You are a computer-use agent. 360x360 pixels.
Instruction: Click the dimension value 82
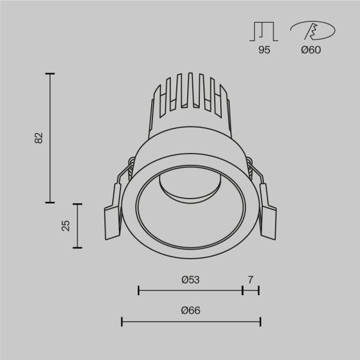(39, 137)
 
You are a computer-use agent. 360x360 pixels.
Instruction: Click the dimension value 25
(66, 225)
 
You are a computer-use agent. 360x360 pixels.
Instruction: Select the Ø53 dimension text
(190, 280)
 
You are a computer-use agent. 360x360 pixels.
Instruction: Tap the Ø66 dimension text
(190, 311)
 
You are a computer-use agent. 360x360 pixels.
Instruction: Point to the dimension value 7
(250, 280)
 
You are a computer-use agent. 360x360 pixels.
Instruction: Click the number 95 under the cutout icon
(264, 50)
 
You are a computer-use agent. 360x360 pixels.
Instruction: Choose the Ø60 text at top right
(311, 50)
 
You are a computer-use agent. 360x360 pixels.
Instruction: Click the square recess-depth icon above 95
(264, 31)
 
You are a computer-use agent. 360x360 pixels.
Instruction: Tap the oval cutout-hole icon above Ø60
(312, 31)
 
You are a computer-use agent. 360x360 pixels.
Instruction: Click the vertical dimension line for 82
(50, 138)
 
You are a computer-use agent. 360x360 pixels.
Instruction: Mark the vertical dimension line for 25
(77, 226)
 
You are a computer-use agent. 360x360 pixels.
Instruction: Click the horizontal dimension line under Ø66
(191, 322)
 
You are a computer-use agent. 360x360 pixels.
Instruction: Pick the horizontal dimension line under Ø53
(190, 290)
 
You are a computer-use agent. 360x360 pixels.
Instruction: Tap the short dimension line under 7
(250, 290)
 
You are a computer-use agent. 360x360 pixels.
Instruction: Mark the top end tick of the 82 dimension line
(50, 74)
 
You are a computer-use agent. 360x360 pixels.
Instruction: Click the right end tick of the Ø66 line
(260, 322)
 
